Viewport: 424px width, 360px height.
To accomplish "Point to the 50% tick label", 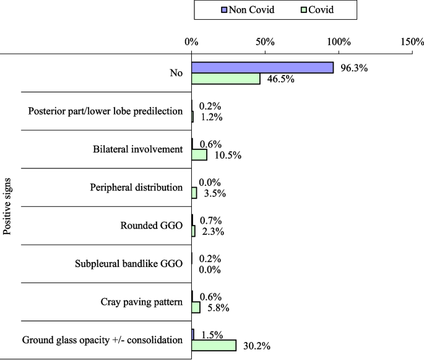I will click(265, 42).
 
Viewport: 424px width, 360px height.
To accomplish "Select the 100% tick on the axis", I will click(339, 42).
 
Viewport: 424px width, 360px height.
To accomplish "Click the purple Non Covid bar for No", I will click(262, 68).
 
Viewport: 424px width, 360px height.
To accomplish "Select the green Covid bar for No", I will click(225, 79).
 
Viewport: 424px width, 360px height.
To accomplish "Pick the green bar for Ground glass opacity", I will click(214, 345).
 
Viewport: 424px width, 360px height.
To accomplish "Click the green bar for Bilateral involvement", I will click(199, 155).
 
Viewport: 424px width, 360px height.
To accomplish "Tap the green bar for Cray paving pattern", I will click(196, 307).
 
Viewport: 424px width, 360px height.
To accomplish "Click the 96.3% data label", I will click(354, 68).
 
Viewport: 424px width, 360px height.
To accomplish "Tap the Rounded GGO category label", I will click(152, 226).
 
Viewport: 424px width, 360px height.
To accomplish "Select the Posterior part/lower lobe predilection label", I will click(105, 111).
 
